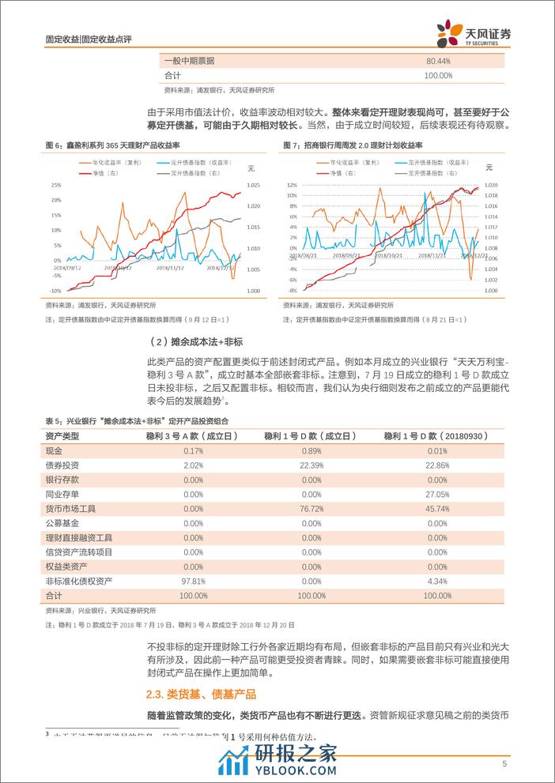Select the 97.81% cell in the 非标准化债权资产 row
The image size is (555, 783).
[182, 582]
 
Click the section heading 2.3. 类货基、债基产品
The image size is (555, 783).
[201, 695]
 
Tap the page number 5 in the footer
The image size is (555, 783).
[504, 764]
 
